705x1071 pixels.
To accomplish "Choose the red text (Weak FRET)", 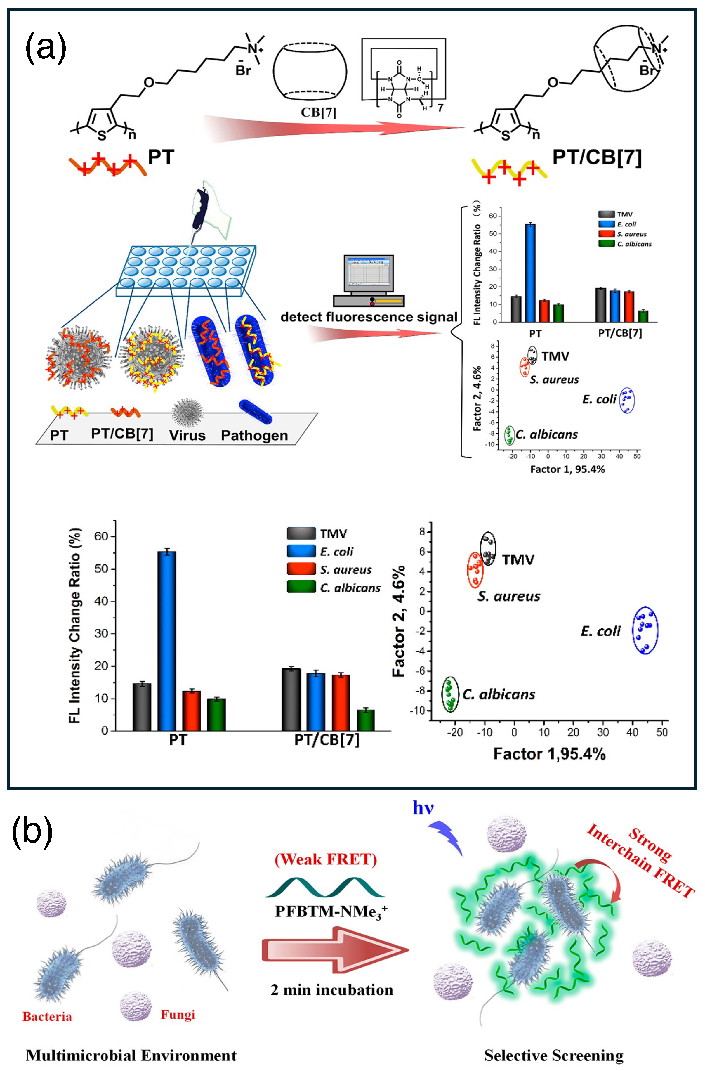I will tap(326, 859).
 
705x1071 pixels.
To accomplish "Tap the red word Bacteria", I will tap(47, 1017).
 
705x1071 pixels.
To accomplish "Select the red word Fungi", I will tap(178, 1014).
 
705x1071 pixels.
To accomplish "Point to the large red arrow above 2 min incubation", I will tap(335, 949).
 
